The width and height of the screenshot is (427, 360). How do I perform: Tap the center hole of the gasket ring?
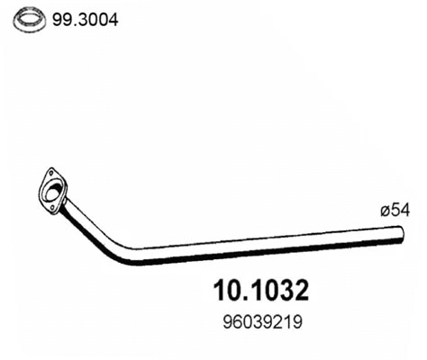pyautogui.click(x=32, y=19)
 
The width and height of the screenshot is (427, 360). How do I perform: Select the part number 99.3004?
pyautogui.click(x=79, y=19)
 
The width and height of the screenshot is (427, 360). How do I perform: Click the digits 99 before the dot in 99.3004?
pyautogui.click(x=64, y=19)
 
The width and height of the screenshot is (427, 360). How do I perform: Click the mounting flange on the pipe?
pyautogui.click(x=53, y=189)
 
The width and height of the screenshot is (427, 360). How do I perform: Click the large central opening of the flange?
pyautogui.click(x=53, y=189)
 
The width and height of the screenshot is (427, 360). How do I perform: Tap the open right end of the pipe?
pyautogui.click(x=402, y=236)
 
